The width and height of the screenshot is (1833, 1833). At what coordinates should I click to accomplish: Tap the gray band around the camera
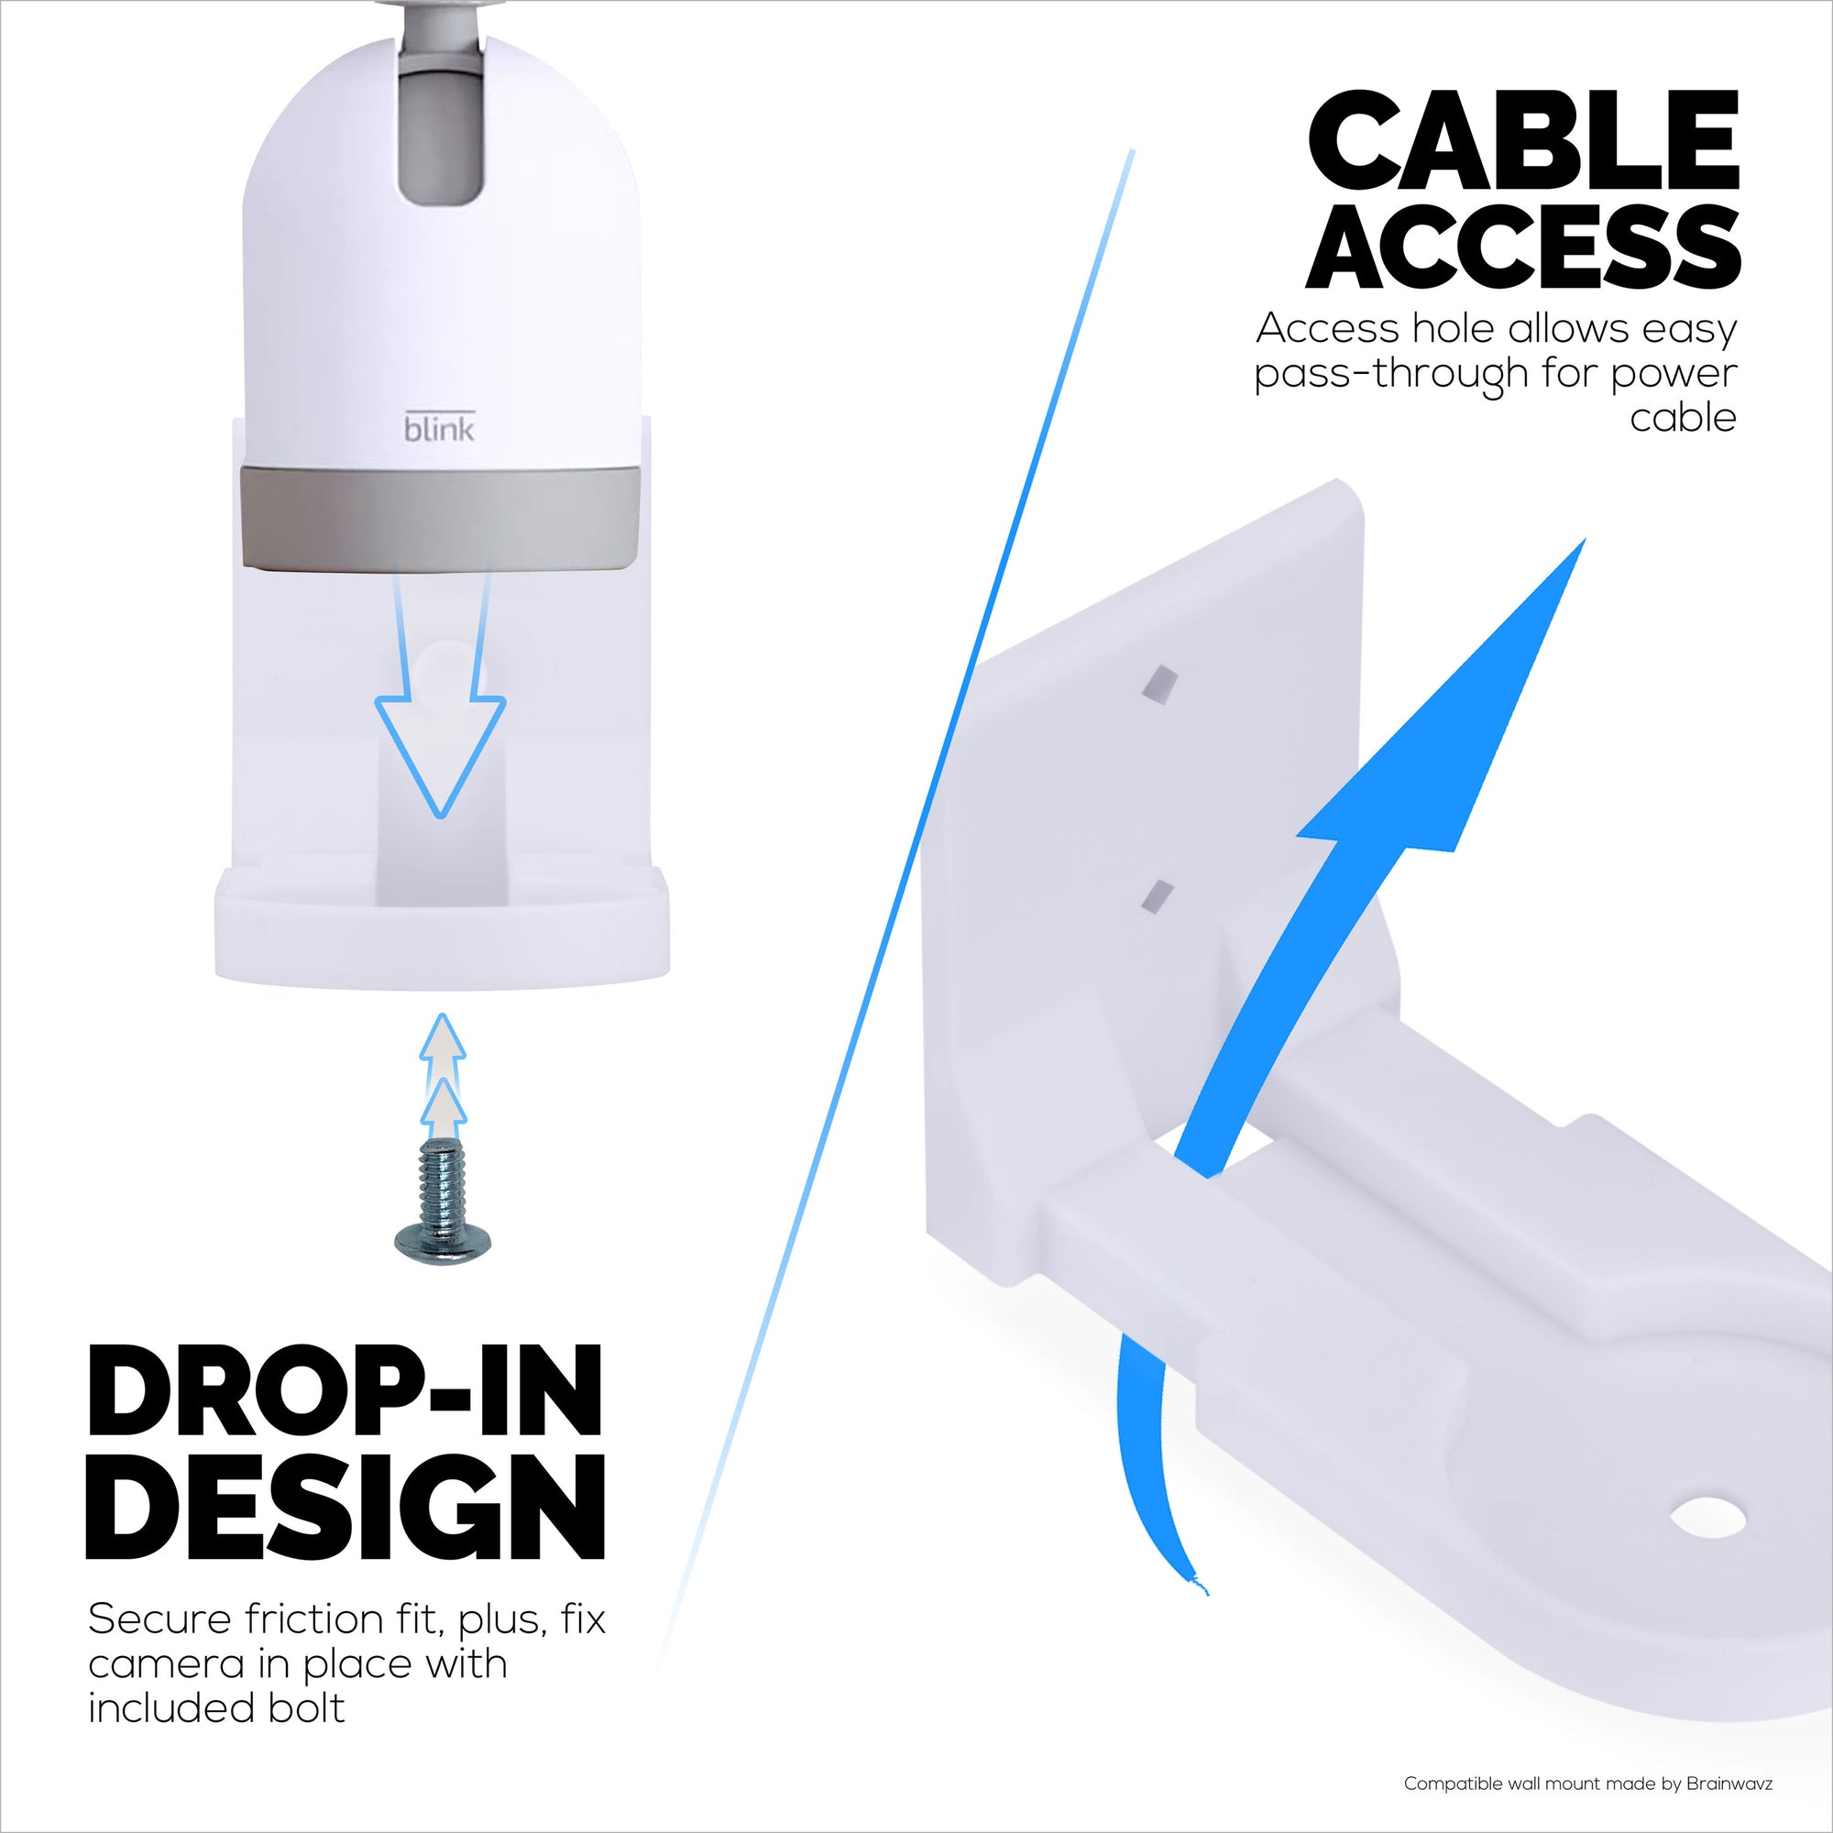[x=440, y=517]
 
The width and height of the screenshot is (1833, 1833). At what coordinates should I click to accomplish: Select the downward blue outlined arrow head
[x=440, y=750]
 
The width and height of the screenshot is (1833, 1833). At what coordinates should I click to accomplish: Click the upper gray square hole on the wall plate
[x=1158, y=685]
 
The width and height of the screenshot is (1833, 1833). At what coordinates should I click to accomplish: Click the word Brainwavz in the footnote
[x=1729, y=1784]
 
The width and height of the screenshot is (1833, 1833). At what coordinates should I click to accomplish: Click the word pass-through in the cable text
[x=1392, y=374]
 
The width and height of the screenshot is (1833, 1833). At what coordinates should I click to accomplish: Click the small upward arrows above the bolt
[x=442, y=1077]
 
